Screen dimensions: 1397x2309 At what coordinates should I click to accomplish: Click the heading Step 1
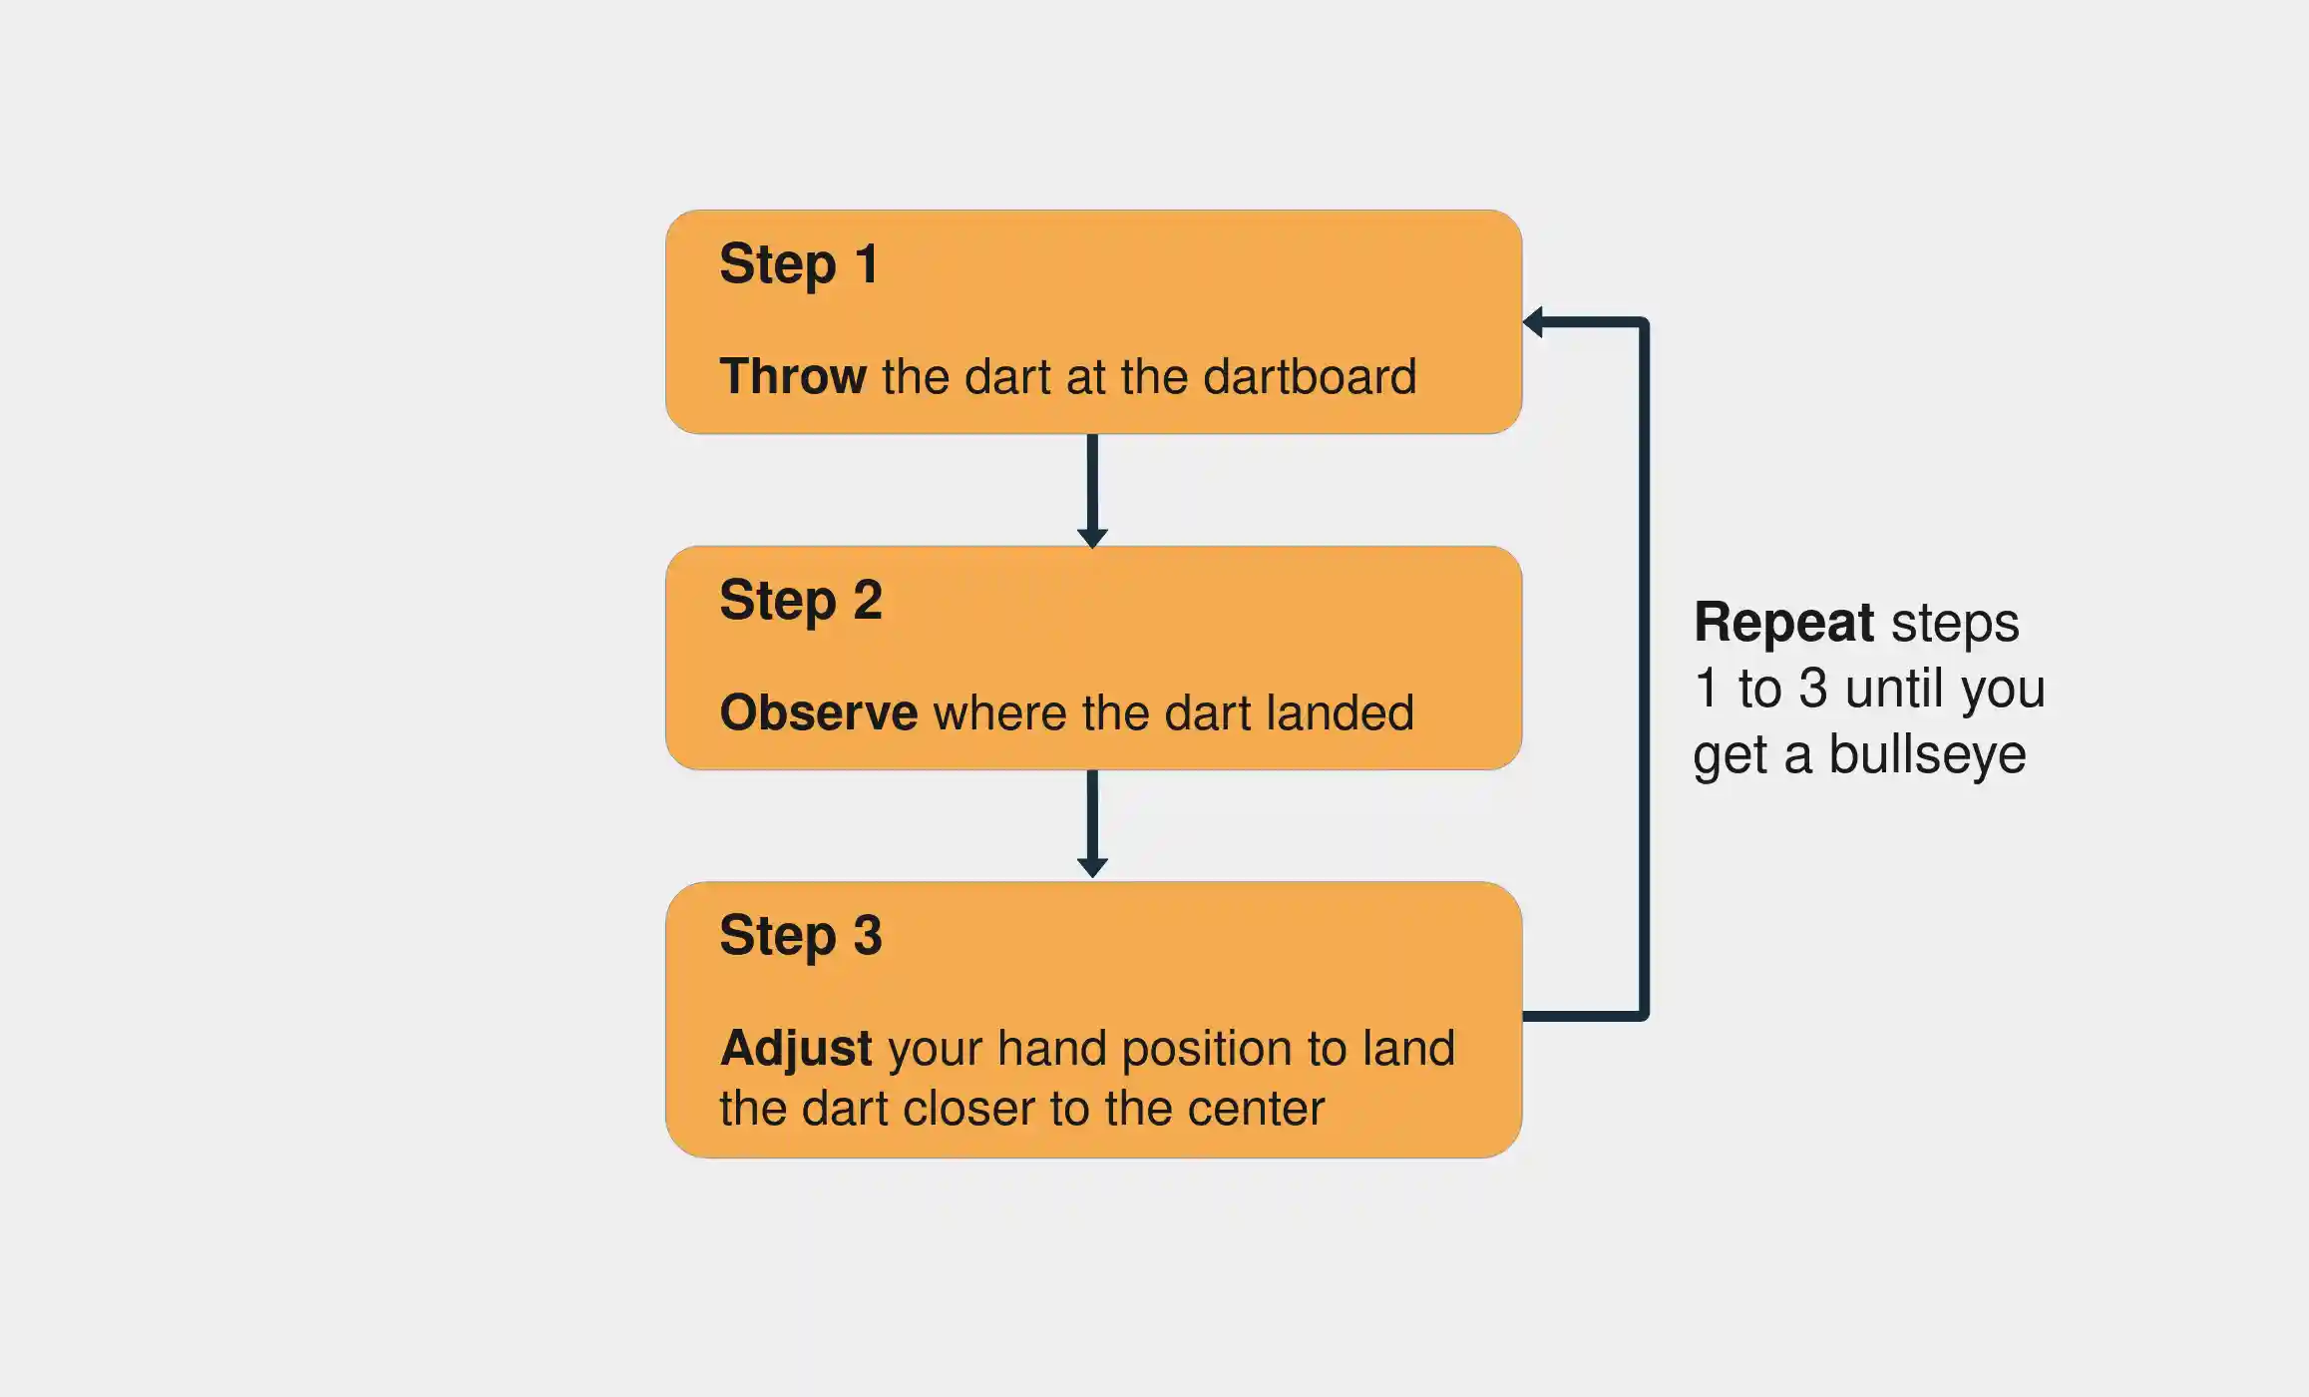798,264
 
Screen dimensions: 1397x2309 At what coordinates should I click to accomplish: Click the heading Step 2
800,601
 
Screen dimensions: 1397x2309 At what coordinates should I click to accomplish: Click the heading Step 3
800,936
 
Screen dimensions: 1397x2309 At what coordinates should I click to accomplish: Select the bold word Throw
793,376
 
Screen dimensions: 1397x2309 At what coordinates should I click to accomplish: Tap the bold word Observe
818,712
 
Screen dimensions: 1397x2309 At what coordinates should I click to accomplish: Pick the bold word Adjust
796,1049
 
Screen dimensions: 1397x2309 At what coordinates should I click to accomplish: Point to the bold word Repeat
1783,623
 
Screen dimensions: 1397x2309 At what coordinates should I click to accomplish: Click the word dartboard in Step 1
1309,376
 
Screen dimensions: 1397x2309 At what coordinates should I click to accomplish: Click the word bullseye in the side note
1926,755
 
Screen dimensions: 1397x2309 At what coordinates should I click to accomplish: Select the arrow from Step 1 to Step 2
1092,489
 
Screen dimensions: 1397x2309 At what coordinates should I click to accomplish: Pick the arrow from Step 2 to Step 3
1092,823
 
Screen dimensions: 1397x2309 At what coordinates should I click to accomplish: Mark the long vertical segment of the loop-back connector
1644,669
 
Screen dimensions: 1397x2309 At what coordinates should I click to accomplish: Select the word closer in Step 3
965,1109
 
